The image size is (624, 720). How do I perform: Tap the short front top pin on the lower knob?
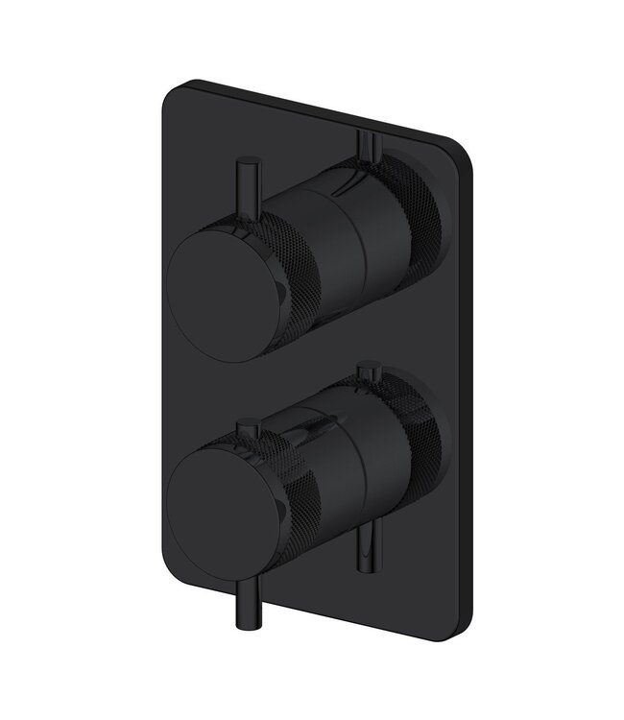tap(248, 433)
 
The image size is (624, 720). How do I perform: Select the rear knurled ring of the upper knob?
tap(422, 216)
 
